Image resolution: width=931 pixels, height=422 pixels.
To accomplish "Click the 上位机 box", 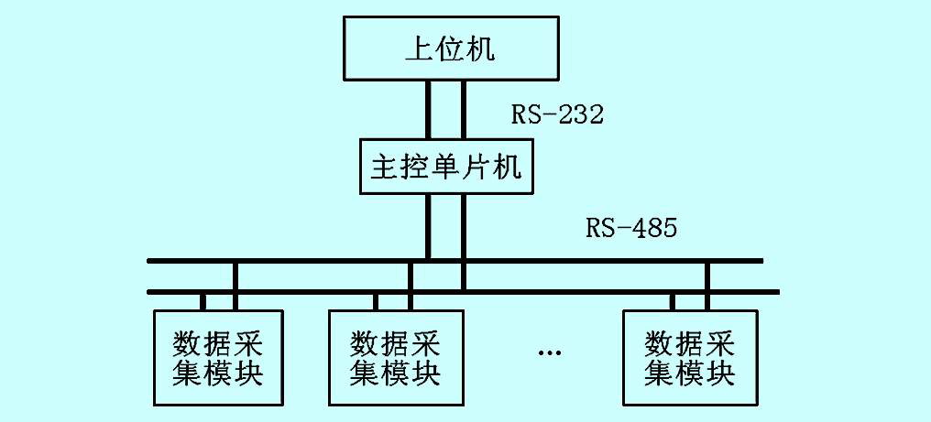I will [450, 49].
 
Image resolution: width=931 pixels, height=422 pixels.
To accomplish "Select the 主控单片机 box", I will [446, 167].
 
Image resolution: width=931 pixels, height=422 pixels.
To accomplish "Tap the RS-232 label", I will [558, 114].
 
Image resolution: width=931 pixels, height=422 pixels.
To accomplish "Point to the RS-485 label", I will [632, 227].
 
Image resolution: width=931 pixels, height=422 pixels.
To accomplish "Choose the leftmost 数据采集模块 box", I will [218, 358].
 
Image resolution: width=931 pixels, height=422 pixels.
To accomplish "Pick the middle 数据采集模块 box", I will [395, 358].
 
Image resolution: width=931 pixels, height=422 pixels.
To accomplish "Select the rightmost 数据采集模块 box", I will [690, 358].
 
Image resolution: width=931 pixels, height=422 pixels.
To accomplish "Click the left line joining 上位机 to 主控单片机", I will [428, 109].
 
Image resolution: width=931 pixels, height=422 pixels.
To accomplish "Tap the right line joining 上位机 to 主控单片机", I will [464, 109].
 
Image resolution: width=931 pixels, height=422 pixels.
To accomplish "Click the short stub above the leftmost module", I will [203, 302].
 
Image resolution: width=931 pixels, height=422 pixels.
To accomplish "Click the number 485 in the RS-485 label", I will [654, 227].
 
